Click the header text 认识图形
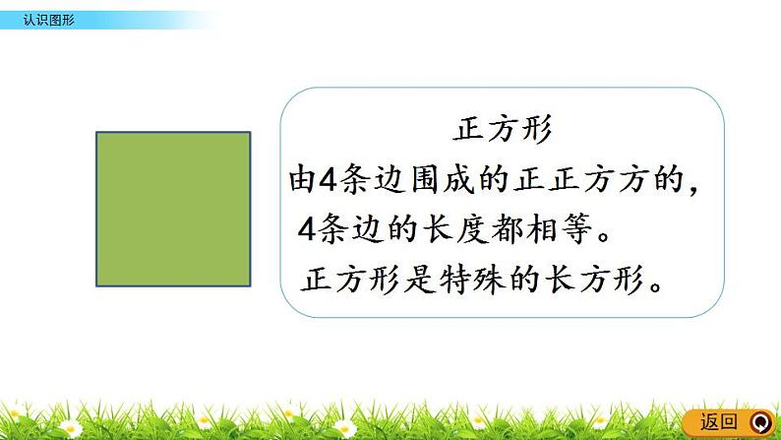click(49, 20)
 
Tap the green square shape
click(173, 210)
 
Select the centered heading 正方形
click(502, 129)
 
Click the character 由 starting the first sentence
click(303, 179)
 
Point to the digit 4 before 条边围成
click(329, 179)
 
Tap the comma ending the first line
click(692, 189)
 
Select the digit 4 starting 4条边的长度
click(307, 229)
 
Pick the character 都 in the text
click(507, 229)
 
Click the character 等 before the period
click(576, 229)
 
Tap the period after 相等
click(604, 236)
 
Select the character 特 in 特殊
click(454, 279)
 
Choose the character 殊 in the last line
click(490, 279)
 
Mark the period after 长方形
click(656, 286)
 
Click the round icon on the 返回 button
click(760, 423)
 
